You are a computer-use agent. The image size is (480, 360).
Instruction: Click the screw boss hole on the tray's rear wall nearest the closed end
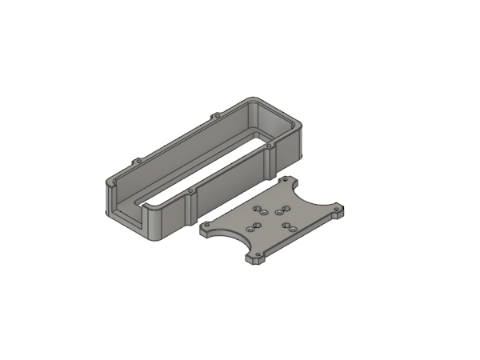point(214,117)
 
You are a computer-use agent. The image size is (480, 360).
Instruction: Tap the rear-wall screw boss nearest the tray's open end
point(137,160)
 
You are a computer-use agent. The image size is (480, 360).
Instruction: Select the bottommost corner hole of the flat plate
point(258,260)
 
